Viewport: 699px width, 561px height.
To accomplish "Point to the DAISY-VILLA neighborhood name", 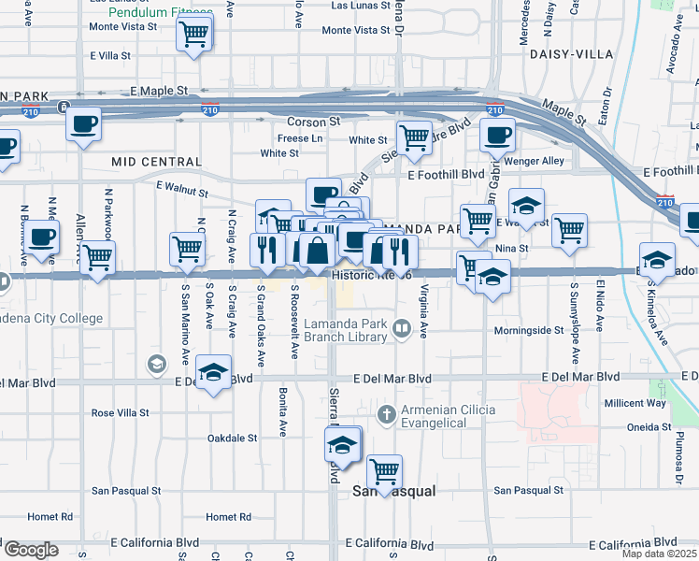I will (x=562, y=54).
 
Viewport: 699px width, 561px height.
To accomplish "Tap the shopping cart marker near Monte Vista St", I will (x=193, y=35).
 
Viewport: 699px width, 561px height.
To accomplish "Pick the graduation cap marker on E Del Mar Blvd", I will (x=214, y=374).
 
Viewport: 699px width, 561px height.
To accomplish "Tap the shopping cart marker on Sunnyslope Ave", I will (x=569, y=230).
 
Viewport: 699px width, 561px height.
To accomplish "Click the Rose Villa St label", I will (x=120, y=412).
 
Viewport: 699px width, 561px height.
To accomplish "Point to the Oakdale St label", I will (x=232, y=438).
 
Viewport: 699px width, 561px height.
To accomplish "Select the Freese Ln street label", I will (x=300, y=138).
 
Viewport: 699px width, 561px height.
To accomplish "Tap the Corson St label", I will (x=313, y=122).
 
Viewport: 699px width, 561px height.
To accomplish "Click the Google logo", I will (x=31, y=550).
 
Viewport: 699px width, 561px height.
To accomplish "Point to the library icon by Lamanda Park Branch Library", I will (x=402, y=327).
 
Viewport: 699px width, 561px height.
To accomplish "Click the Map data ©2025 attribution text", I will (x=659, y=554).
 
